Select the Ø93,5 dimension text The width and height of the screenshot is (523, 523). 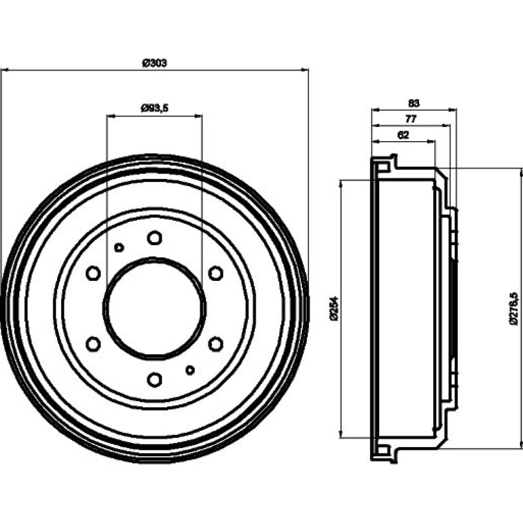click(x=154, y=108)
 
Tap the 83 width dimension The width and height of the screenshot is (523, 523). click(x=413, y=103)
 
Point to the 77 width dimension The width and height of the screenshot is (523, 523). click(x=411, y=119)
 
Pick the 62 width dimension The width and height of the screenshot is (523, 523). click(x=403, y=134)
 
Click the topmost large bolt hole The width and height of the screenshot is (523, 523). click(x=154, y=238)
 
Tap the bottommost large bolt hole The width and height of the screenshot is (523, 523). click(x=154, y=379)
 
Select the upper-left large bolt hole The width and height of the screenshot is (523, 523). click(x=93, y=273)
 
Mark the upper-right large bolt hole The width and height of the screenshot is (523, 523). click(x=215, y=273)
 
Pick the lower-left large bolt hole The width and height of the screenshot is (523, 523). click(x=93, y=344)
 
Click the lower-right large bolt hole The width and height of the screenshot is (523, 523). click(x=215, y=344)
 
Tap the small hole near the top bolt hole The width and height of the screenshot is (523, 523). click(x=119, y=247)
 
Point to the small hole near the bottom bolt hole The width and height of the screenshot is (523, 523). click(x=190, y=370)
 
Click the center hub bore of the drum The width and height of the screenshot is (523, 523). click(x=154, y=309)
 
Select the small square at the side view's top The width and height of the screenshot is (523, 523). click(x=383, y=167)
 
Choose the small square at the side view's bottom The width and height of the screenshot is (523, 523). click(x=383, y=450)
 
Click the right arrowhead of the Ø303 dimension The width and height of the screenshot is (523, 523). click(x=305, y=70)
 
